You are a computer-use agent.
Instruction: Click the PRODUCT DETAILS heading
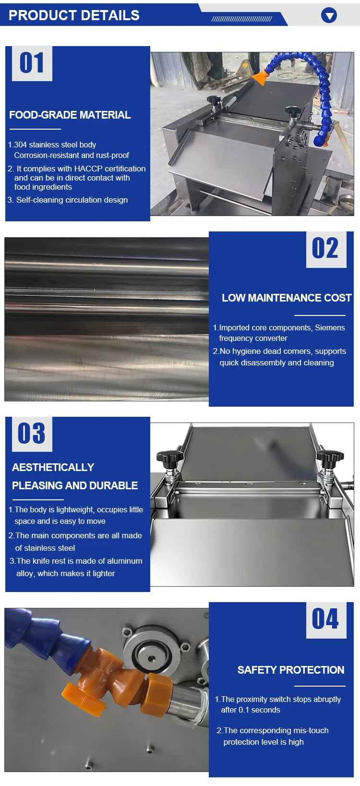click(74, 15)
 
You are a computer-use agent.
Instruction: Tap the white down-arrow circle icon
click(329, 15)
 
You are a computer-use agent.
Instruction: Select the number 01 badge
click(32, 63)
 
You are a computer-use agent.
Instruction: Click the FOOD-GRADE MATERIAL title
click(70, 115)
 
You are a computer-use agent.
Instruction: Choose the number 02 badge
click(326, 249)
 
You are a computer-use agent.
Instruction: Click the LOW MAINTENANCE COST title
click(286, 298)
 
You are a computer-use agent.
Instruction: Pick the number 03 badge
click(32, 434)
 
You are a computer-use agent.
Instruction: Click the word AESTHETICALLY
click(53, 467)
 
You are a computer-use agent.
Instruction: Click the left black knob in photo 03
click(170, 457)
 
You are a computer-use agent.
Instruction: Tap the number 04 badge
click(326, 620)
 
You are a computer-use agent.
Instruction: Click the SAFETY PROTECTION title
click(291, 670)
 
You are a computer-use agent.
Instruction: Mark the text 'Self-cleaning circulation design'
click(72, 200)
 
